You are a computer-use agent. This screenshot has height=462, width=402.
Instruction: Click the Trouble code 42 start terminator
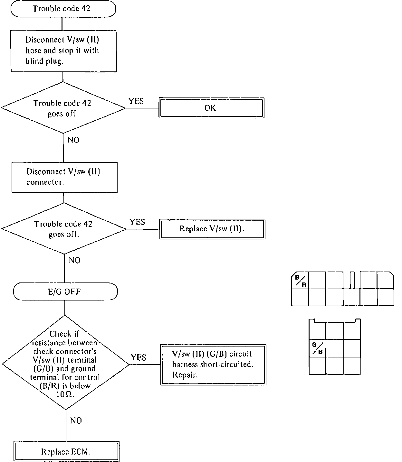(63, 9)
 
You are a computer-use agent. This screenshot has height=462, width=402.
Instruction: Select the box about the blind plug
(63, 51)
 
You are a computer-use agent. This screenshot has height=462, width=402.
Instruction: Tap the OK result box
(212, 108)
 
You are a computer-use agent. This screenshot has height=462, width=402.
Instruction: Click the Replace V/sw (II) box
(212, 229)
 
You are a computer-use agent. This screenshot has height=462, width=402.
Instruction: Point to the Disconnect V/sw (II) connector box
(64, 177)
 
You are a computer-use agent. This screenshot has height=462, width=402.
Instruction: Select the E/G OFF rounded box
(65, 292)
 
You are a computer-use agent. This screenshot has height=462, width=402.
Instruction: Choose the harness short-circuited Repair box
(213, 365)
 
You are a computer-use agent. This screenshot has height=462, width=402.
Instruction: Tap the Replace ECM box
(66, 451)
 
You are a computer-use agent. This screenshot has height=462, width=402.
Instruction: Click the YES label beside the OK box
(136, 101)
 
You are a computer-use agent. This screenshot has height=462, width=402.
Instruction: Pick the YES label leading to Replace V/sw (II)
(137, 222)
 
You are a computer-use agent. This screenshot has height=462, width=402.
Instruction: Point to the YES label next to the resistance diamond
(139, 357)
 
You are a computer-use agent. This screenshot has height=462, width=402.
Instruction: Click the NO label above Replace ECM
(76, 420)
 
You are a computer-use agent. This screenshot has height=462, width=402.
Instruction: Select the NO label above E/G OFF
(74, 260)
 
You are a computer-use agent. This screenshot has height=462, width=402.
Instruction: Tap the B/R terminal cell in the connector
(300, 281)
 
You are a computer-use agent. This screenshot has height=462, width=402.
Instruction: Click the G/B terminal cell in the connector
(317, 348)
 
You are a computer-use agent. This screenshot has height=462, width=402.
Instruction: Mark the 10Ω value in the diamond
(65, 394)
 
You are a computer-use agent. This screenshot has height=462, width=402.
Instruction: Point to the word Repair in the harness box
(185, 375)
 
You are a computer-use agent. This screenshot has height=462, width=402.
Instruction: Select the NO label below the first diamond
(73, 140)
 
